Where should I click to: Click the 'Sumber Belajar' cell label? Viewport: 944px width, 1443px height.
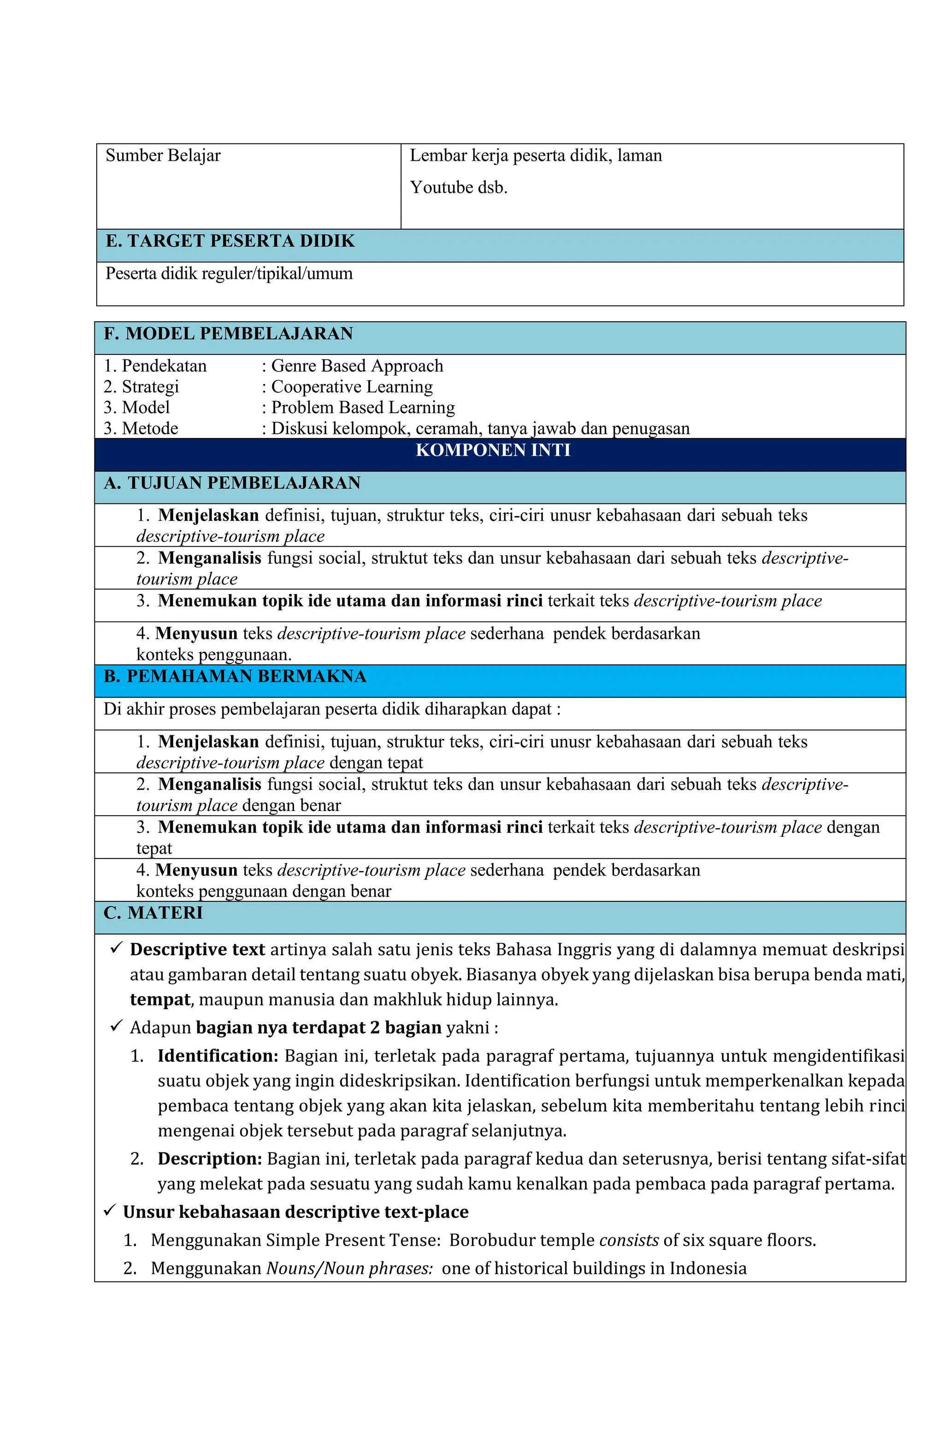[x=163, y=156]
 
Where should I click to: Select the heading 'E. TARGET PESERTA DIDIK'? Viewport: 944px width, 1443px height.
[x=230, y=241]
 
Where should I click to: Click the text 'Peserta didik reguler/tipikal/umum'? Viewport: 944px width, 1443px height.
[x=229, y=273]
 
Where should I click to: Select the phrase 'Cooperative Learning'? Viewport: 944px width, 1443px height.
[x=352, y=387]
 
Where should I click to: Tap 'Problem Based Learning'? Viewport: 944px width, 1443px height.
[x=363, y=408]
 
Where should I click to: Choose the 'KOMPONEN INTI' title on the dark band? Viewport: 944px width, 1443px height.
[x=492, y=450]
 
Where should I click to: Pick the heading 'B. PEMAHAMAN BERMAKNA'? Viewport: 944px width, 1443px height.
[x=235, y=677]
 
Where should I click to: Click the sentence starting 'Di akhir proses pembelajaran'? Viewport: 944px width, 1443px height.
[x=331, y=710]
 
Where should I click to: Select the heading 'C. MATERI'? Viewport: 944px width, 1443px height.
[x=153, y=913]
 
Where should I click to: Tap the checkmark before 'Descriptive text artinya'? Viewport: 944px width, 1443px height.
[x=117, y=948]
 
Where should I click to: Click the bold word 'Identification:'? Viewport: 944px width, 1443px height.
[x=218, y=1056]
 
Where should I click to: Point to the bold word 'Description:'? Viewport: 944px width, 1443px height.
[x=210, y=1159]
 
